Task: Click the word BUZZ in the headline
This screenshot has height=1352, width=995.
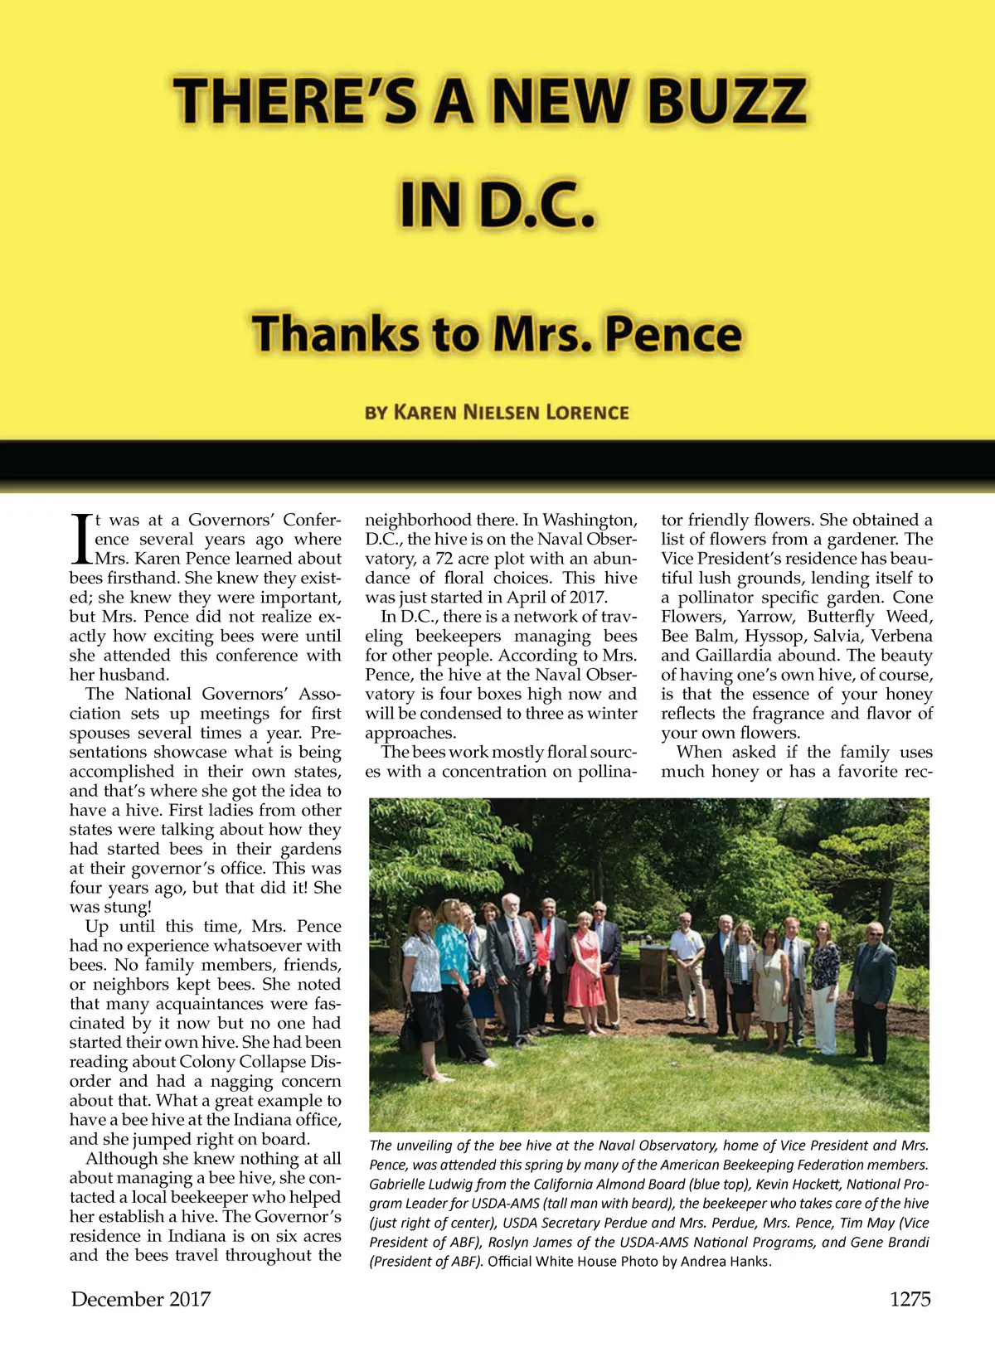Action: point(726,101)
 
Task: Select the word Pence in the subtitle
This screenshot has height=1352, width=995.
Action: point(672,334)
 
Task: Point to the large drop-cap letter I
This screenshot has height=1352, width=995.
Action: point(82,540)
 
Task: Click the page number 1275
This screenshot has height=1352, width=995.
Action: point(910,1299)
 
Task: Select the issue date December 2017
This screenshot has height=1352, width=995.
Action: point(141,1299)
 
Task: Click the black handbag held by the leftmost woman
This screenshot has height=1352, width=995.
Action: point(410,1035)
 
